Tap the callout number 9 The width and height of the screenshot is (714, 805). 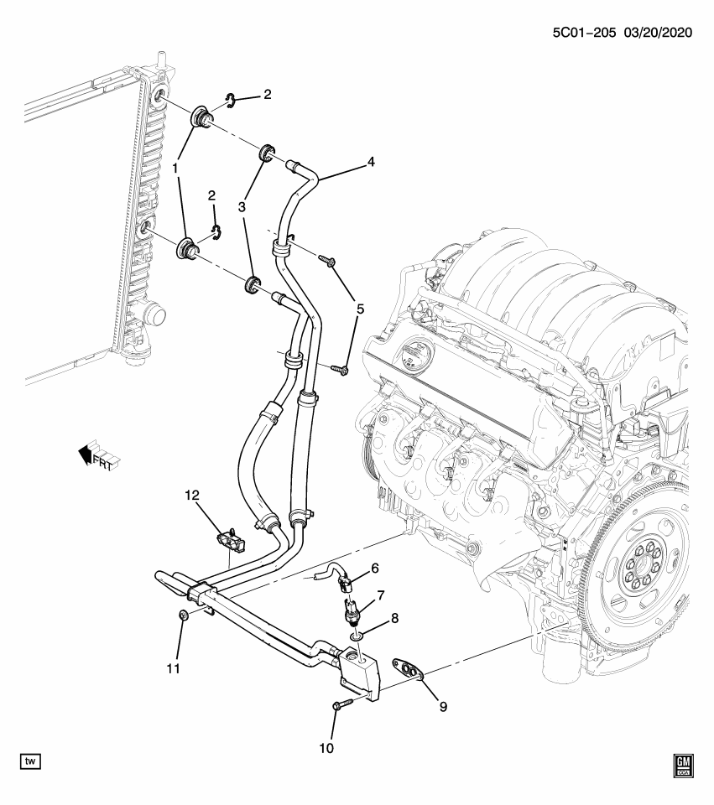tap(443, 706)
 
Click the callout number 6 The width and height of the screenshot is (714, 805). tap(374, 569)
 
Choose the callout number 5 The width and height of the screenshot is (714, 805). tap(360, 309)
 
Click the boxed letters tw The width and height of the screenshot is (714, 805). tap(31, 761)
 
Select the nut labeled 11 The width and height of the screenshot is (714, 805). tap(184, 616)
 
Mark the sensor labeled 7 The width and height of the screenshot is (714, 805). tap(351, 610)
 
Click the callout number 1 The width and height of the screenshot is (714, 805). tap(176, 169)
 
